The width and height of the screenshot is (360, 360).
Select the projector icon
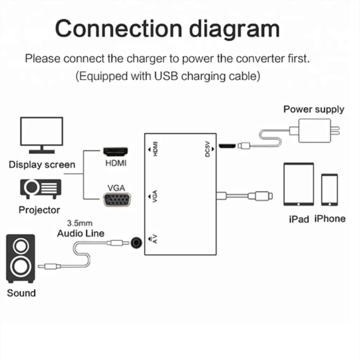click(39, 188)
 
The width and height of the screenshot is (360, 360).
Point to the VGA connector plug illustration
click(116, 199)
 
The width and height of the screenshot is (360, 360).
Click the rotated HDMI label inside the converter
click(155, 149)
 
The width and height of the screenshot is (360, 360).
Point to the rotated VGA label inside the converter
click(155, 197)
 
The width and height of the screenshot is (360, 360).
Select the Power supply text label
click(313, 109)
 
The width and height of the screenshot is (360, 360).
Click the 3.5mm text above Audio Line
click(80, 223)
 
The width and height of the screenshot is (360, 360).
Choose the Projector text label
click(39, 210)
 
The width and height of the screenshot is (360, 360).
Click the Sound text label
click(21, 292)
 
